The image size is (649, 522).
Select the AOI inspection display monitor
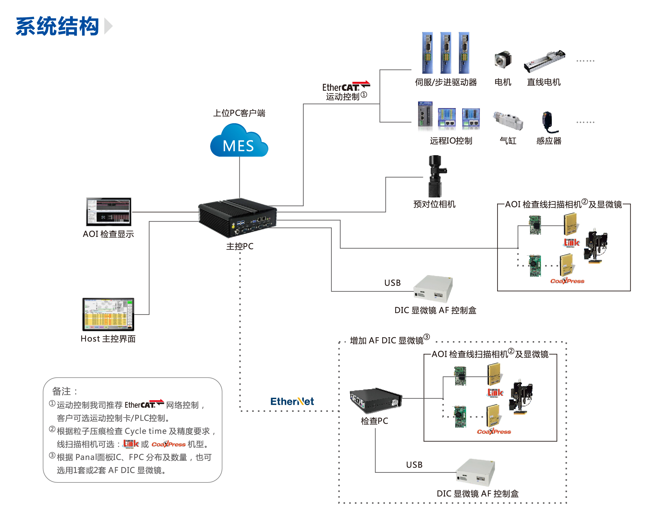[x=109, y=212]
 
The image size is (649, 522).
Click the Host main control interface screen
[x=108, y=314]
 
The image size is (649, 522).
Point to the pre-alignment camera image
[x=436, y=176]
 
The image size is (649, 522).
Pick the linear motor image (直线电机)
[x=544, y=61]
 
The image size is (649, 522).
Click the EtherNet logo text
[x=292, y=401]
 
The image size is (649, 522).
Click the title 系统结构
[x=57, y=27]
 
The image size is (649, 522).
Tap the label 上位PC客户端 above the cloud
[x=239, y=113]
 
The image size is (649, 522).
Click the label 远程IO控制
[x=451, y=141]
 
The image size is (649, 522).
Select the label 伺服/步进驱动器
[x=446, y=82]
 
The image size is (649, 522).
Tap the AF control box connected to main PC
[x=433, y=289]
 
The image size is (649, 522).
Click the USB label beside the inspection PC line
[x=414, y=465]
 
